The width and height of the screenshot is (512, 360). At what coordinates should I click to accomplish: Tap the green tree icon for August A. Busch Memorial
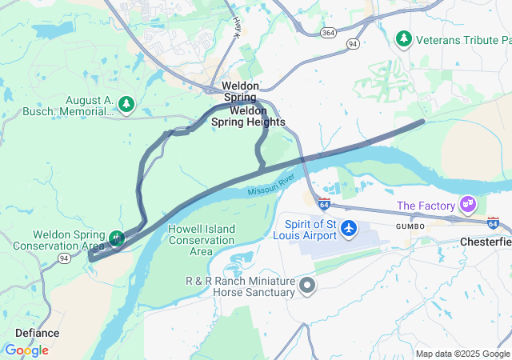point(126,104)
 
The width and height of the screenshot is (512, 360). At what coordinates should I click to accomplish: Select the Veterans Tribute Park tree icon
point(404,38)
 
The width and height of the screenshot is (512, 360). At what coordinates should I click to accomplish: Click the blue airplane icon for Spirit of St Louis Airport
point(349,228)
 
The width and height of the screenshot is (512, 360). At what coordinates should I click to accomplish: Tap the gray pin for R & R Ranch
point(307,285)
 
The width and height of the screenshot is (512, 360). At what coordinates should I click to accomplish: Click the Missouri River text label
point(271,187)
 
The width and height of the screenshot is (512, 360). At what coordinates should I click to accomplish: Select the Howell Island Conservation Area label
point(202,240)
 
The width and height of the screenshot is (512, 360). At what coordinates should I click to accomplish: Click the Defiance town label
point(37,333)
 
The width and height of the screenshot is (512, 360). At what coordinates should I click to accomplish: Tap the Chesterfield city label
point(486,242)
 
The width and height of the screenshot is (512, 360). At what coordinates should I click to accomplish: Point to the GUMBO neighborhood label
point(409,227)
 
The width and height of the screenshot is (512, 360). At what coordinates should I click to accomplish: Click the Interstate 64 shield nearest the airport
point(324,205)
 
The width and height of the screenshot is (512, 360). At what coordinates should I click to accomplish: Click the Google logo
point(26,350)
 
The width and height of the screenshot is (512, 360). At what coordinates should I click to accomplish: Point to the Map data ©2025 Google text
point(462,354)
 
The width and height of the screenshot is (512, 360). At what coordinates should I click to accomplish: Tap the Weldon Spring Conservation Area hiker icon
point(118,238)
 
